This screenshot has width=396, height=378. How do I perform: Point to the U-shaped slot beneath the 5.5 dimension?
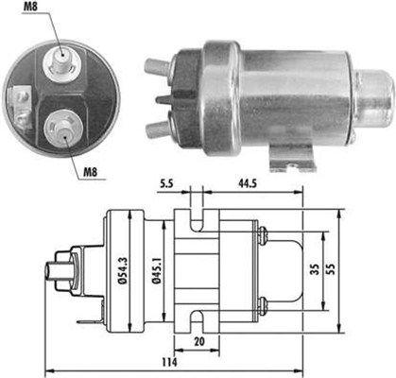click(x=194, y=210)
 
